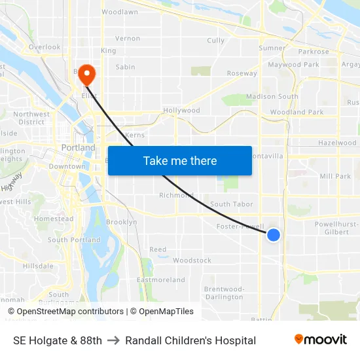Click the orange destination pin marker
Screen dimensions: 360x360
(86, 75)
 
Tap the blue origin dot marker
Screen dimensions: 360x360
(274, 234)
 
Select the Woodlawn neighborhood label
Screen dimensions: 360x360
(119, 12)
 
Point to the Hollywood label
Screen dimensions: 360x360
(181, 111)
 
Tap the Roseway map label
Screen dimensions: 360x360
(242, 73)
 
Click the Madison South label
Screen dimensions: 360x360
(272, 97)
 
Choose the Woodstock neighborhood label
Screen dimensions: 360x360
(192, 261)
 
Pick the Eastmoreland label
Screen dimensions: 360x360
(160, 280)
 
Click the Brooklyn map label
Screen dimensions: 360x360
(122, 222)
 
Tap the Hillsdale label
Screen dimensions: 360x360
(38, 266)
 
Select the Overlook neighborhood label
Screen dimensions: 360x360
(45, 47)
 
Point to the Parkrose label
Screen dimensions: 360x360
(313, 52)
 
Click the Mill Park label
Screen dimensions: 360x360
(335, 177)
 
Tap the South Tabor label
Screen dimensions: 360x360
(231, 204)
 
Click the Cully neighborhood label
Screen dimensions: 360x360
(215, 41)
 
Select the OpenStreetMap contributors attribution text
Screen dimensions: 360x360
(70, 312)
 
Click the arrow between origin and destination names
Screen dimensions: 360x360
(113, 340)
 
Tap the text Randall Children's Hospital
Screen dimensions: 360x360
(190, 340)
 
